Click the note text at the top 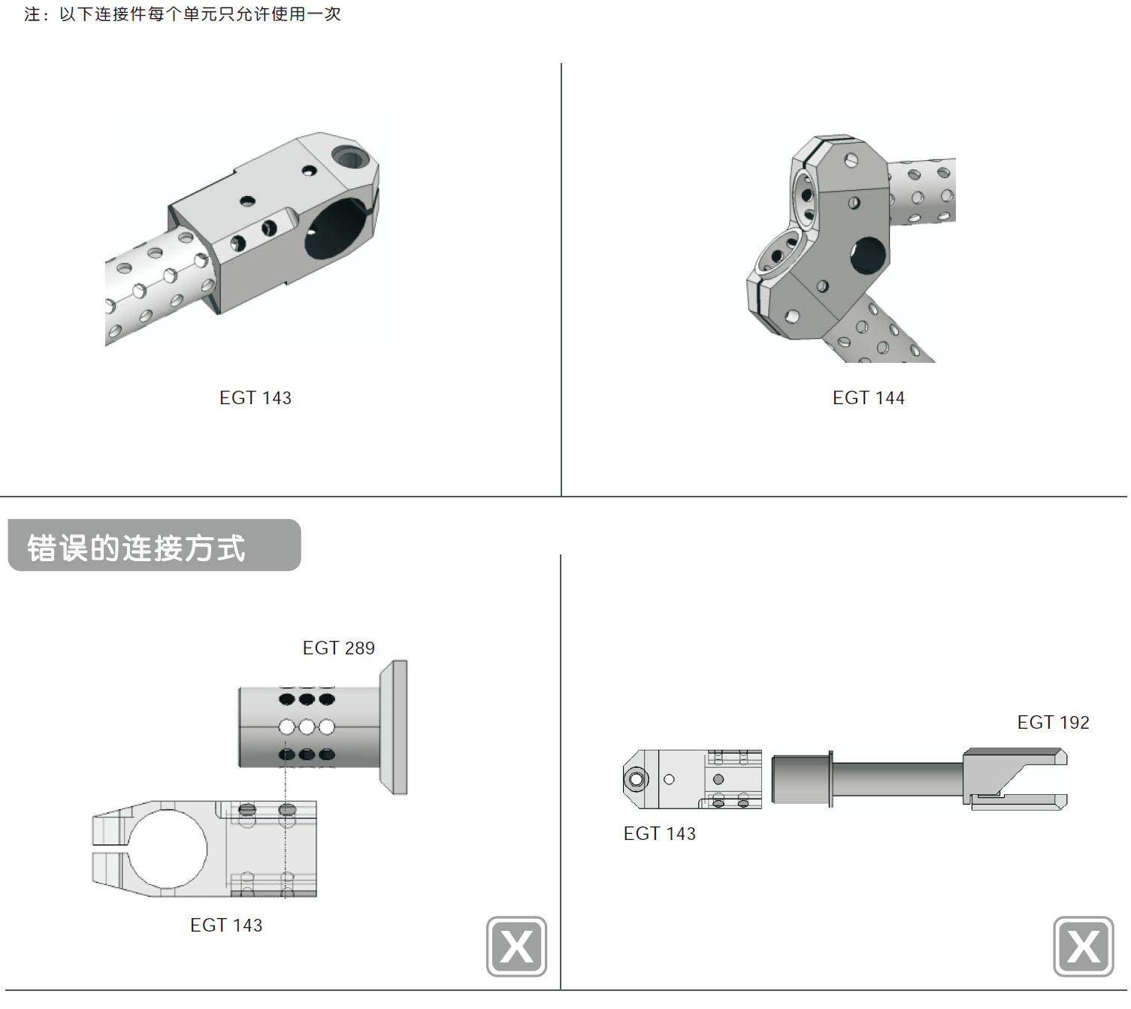click(x=183, y=14)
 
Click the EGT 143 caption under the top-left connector click(x=255, y=398)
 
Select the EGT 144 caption click(x=868, y=398)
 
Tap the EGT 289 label click(x=338, y=648)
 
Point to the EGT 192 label click(x=1053, y=723)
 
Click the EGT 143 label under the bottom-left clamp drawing click(x=226, y=926)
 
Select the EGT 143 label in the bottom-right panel click(x=659, y=834)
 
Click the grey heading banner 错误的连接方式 click(x=153, y=546)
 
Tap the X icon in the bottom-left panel click(x=516, y=947)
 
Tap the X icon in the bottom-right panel click(x=1083, y=947)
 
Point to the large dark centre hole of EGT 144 click(x=868, y=255)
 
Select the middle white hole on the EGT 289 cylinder click(x=307, y=727)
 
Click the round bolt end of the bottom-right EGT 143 click(x=636, y=779)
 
